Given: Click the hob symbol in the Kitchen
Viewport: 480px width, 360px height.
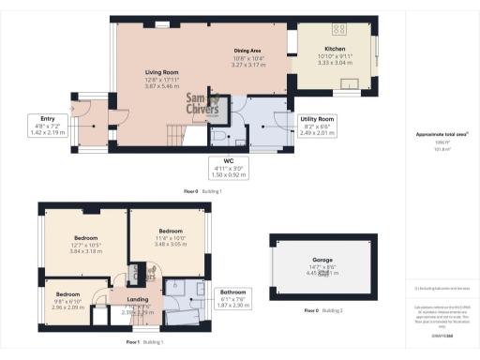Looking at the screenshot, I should click(x=337, y=28).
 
